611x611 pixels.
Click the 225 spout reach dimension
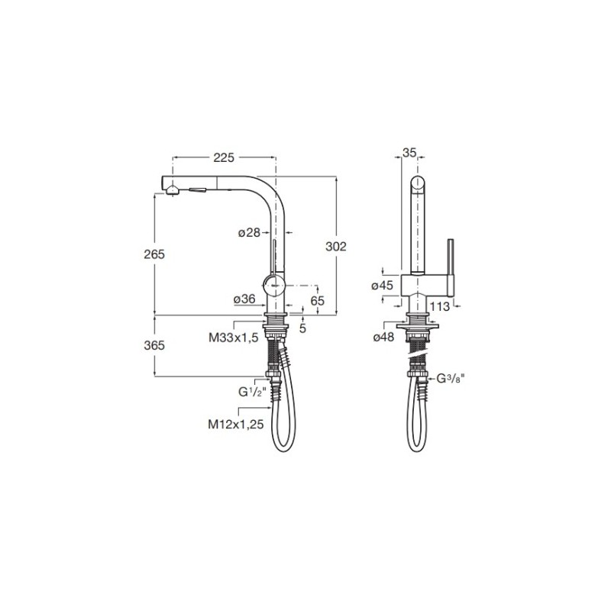click(224, 157)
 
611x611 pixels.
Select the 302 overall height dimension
click(336, 246)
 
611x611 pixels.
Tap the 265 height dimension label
click(154, 254)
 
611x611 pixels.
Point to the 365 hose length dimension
click(154, 345)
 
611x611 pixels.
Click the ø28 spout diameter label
click(249, 233)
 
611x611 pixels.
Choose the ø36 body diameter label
click(244, 299)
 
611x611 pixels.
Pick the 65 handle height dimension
click(318, 300)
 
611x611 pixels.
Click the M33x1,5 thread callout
click(234, 338)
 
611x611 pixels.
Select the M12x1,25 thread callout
click(236, 424)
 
